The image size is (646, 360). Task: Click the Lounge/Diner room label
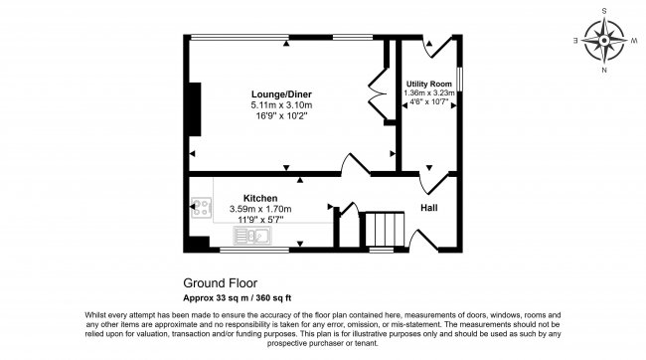pos(281,93)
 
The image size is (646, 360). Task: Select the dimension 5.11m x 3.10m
pos(281,104)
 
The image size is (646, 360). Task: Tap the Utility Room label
pos(429,84)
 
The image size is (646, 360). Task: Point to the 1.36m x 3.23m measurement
pos(429,93)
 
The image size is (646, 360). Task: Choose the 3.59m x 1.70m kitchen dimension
pos(260,209)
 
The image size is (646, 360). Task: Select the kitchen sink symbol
pos(254,236)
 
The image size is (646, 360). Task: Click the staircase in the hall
pos(380,230)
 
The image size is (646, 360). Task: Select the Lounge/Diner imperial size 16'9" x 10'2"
pos(281,115)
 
